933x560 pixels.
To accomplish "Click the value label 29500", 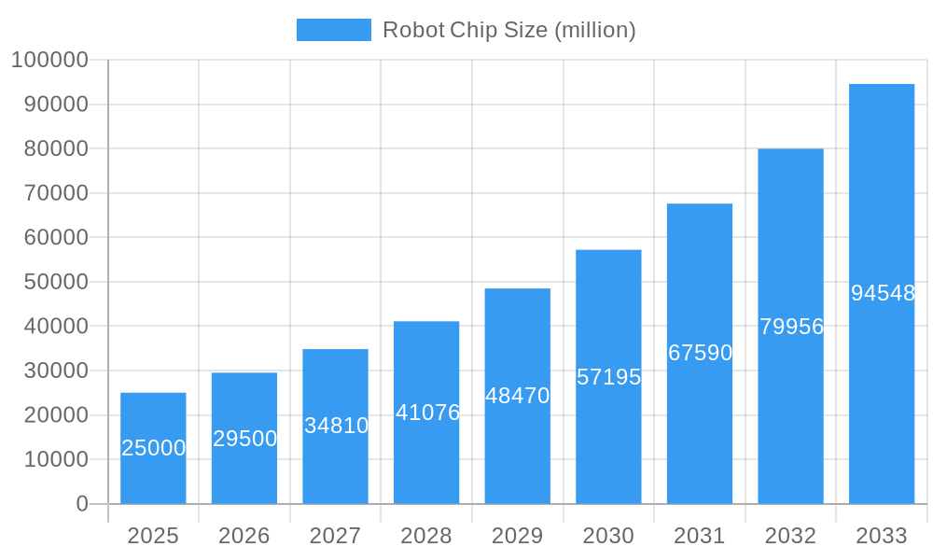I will (x=244, y=439).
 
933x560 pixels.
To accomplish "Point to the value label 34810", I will (x=336, y=426).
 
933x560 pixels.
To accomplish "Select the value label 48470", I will (x=518, y=396).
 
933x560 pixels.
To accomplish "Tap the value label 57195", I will (x=608, y=377).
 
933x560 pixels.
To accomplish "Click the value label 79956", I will (x=791, y=327).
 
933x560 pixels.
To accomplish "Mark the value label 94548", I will (x=883, y=293).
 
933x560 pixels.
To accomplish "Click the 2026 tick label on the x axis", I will (x=244, y=536).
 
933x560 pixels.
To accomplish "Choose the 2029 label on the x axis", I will (x=518, y=536).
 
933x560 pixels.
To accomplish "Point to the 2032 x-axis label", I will (x=790, y=536).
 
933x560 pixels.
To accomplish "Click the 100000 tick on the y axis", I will (x=49, y=61).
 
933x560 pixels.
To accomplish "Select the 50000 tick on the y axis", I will (x=55, y=282).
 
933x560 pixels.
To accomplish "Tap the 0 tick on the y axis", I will (x=82, y=504).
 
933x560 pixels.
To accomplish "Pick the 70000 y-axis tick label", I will (x=55, y=193).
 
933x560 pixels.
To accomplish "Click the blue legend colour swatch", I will (x=333, y=30).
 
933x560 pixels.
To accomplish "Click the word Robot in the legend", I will (x=413, y=30).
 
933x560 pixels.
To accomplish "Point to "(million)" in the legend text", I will (x=595, y=30).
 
